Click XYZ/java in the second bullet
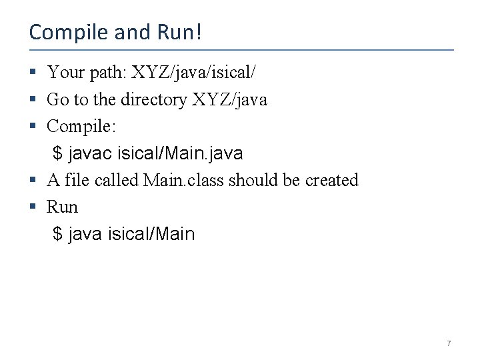(229, 99)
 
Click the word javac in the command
(90, 153)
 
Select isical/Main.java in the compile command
(180, 153)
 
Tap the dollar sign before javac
(58, 153)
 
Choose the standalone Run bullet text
(62, 207)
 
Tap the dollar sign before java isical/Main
(58, 234)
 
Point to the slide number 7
(448, 343)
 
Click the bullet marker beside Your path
(33, 72)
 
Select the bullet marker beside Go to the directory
(33, 99)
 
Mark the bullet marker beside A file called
(33, 180)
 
